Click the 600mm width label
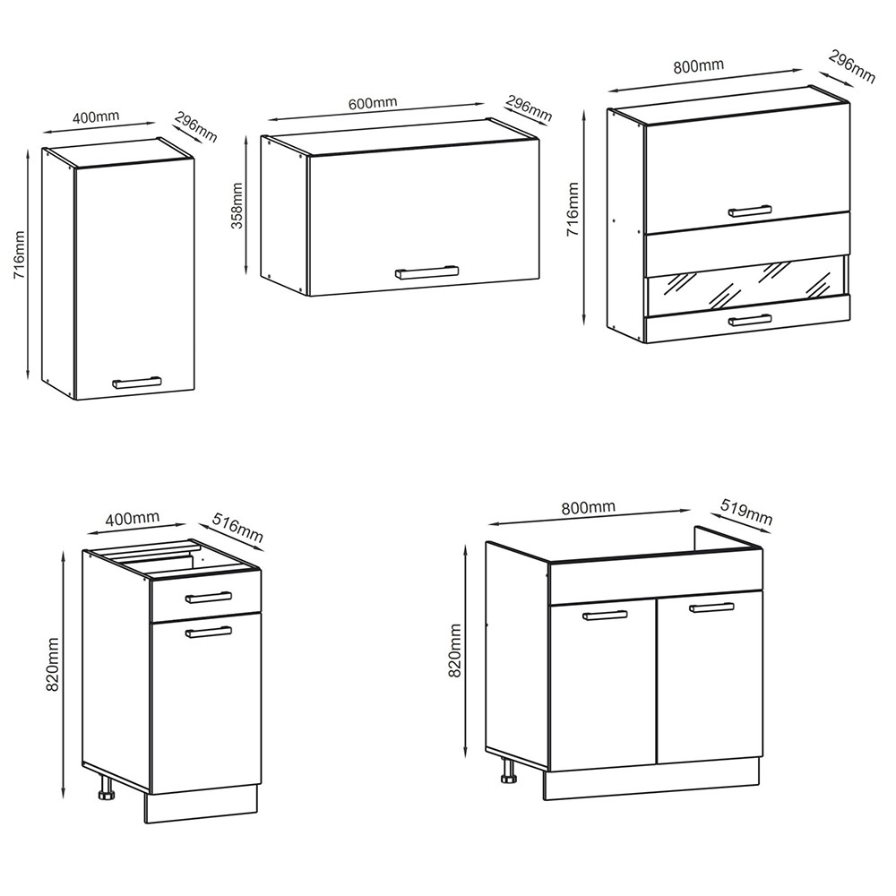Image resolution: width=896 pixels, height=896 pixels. coord(373,103)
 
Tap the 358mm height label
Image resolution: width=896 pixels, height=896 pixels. coord(237,206)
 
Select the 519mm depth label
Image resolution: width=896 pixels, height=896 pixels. coord(746,512)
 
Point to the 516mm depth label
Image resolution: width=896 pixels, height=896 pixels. coord(237,528)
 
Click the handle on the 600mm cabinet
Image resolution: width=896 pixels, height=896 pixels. coord(426,272)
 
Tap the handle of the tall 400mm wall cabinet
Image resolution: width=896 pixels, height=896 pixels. coord(137,383)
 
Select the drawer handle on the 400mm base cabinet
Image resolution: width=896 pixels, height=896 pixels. coord(209,597)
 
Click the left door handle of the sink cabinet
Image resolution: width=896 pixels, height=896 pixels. coord(605,616)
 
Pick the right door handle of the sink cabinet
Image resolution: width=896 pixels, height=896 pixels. coord(711,607)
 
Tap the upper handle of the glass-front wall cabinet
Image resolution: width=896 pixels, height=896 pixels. coord(750,211)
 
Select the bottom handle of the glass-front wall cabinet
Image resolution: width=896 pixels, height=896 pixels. coord(750,321)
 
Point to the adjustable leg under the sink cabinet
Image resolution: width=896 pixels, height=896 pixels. coord(507,771)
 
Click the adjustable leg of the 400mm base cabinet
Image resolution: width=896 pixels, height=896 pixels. coord(107,788)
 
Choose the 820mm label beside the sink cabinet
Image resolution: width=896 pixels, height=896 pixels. coord(455,650)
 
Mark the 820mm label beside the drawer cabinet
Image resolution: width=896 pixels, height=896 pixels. coord(53,665)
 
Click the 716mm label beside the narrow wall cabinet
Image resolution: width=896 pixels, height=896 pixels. coord(19,254)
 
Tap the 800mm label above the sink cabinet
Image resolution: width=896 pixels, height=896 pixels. coord(588,507)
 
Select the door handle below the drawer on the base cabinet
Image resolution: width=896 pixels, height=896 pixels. coord(209,632)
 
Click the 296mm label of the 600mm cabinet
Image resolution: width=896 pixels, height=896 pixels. coord(529,108)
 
